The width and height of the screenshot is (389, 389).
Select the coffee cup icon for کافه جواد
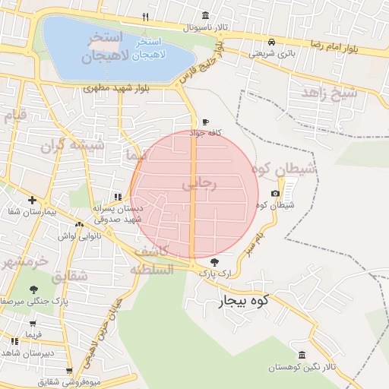click(x=205, y=122)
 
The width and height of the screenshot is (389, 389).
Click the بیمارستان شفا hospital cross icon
click(x=31, y=200)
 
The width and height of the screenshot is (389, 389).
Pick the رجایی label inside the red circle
click(x=200, y=184)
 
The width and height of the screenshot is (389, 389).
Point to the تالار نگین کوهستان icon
click(x=302, y=355)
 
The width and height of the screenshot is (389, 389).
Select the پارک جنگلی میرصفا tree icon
click(x=33, y=289)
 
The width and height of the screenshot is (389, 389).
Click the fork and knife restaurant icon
click(x=145, y=16)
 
